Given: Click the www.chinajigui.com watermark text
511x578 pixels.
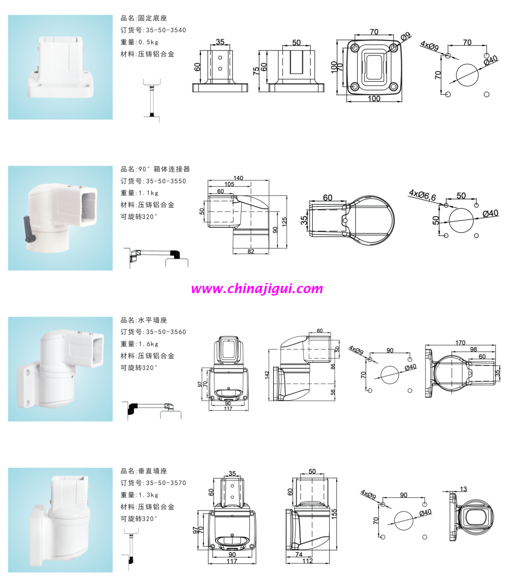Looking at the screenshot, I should pos(257,289).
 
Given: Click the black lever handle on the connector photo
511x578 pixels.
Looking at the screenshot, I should pos(30,229).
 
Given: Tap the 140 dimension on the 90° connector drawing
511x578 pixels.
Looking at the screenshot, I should pos(238,178).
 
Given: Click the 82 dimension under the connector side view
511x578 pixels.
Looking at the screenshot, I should pos(251,252).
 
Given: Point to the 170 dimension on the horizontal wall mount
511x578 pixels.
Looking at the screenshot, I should pos(460,343).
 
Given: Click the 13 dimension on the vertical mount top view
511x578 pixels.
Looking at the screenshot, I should pos(463,489).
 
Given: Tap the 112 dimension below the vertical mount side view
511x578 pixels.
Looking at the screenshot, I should pos(307,560).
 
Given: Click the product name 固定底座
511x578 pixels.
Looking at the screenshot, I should pos(153,18).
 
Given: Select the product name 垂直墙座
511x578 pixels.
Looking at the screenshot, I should pos(153,471).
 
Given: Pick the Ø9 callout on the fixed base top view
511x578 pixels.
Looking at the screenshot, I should pos(406,36).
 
